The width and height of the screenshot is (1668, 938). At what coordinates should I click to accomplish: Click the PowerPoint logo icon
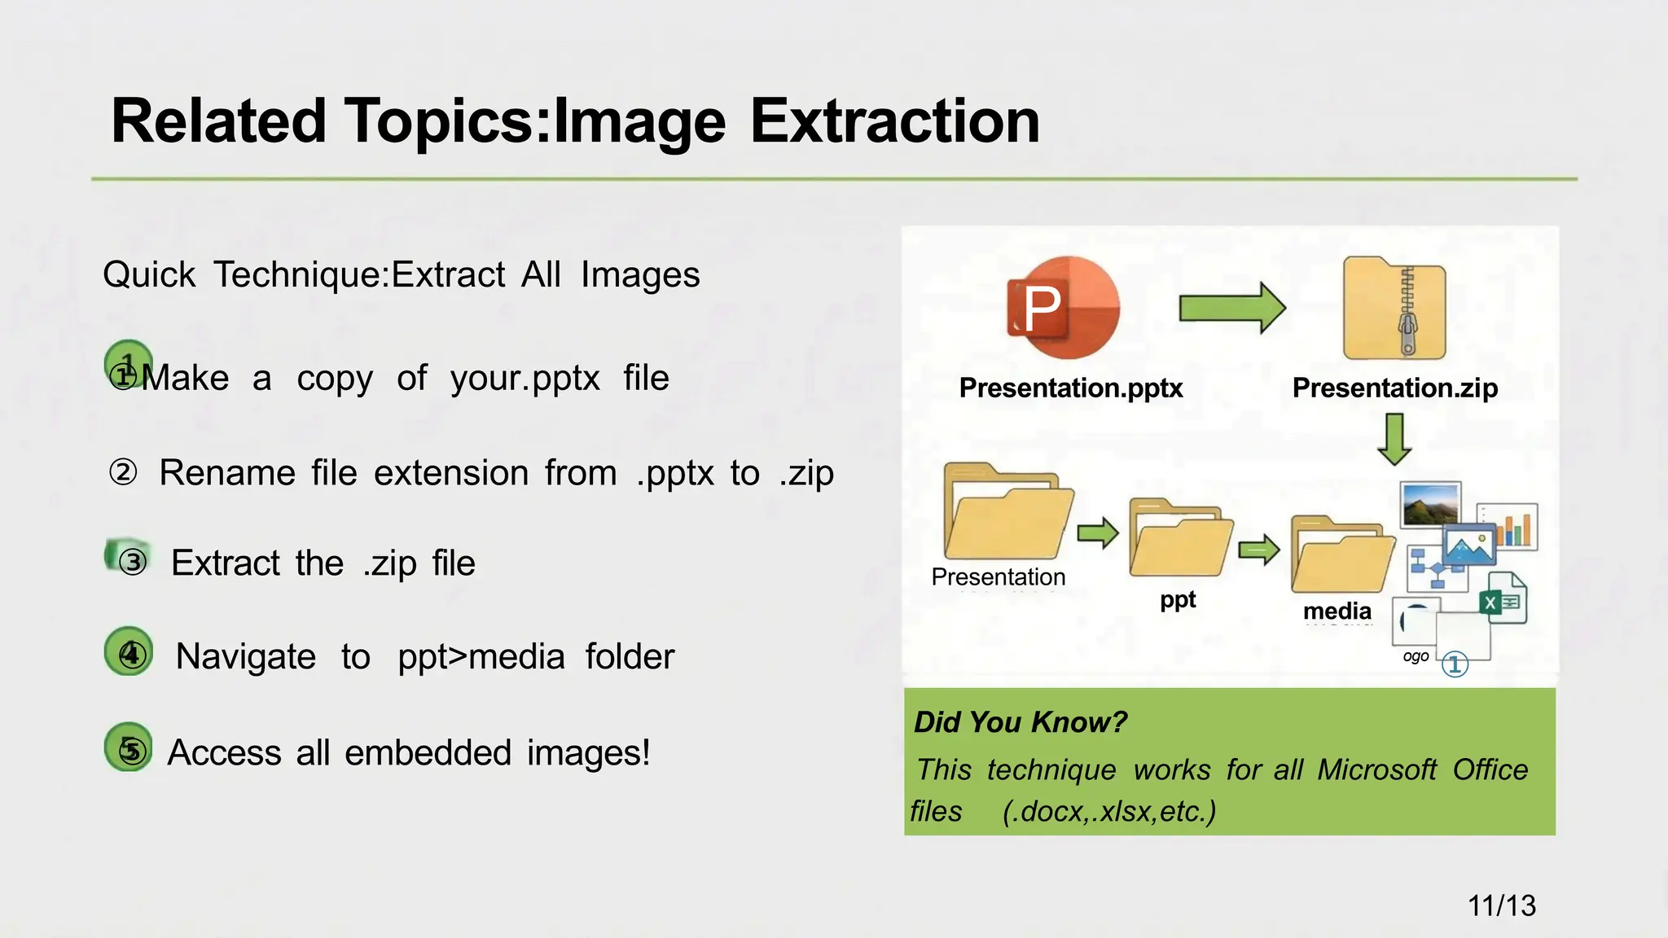pos(1063,308)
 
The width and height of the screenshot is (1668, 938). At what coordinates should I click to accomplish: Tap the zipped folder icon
pos(1394,309)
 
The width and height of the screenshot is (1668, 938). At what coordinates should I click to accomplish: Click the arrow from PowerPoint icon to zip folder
pos(1231,308)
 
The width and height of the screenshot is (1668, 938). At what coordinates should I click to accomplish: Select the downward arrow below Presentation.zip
pos(1395,438)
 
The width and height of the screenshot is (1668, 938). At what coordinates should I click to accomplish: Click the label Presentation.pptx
pos(1070,388)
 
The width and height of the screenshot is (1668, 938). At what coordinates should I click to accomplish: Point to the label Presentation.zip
pos(1394,388)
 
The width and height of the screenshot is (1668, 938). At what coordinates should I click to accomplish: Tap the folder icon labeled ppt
pos(1179,538)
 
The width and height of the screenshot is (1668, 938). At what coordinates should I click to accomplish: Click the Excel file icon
pos(1502,598)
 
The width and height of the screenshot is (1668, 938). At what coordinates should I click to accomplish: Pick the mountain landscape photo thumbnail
pos(1430,504)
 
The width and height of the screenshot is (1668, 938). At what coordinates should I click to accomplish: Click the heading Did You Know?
pos(1020,722)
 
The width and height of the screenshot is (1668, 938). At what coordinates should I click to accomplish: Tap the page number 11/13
pos(1501,905)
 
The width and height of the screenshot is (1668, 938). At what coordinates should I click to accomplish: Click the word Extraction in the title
pos(893,121)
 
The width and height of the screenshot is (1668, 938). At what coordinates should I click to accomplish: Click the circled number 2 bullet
pos(123,472)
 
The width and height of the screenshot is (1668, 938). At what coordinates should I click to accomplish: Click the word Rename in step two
pos(226,473)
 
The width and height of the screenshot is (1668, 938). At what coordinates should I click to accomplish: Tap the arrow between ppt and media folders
pos(1259,550)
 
